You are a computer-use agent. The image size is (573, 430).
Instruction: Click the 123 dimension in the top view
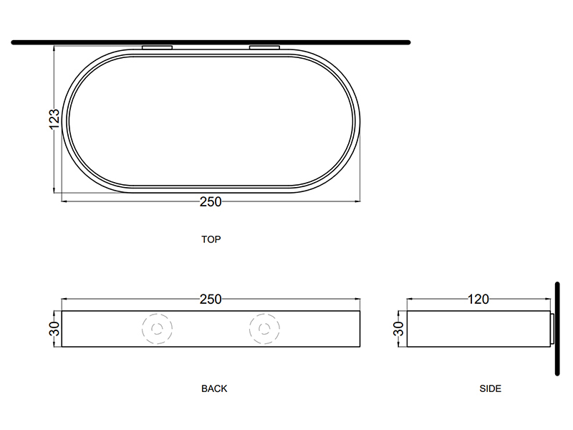click(54, 119)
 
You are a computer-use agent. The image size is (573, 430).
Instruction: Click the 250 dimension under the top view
click(211, 201)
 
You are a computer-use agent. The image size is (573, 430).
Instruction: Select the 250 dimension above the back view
click(211, 299)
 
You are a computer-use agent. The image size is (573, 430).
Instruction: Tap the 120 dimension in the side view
click(478, 299)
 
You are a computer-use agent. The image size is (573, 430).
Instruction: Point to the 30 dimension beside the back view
click(54, 329)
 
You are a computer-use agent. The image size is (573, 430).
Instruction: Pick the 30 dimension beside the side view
click(399, 329)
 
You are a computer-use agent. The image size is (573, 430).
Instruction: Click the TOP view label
click(211, 239)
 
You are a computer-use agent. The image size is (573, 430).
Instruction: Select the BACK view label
click(214, 388)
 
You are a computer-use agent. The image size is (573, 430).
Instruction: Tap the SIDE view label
click(491, 388)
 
